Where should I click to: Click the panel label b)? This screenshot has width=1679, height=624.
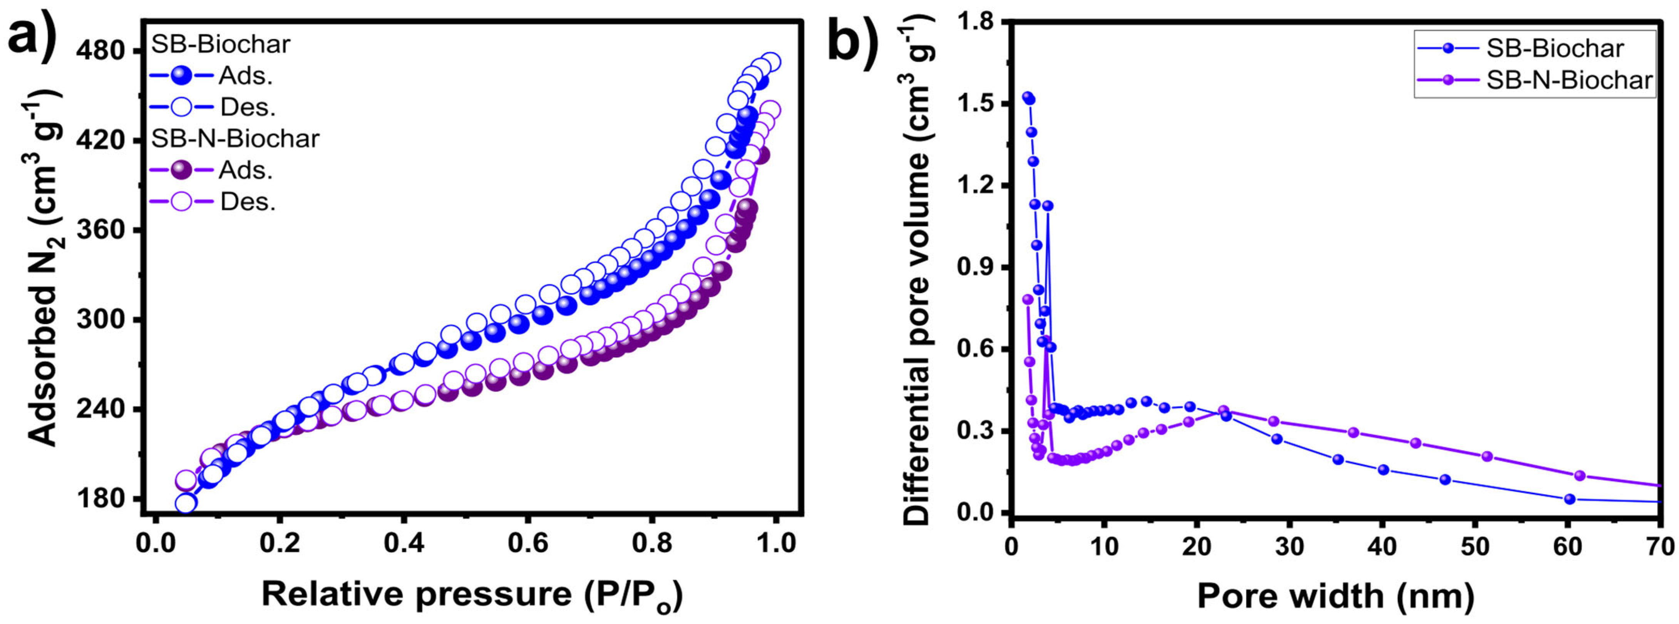(854, 36)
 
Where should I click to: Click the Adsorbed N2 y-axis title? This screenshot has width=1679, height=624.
(46, 267)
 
